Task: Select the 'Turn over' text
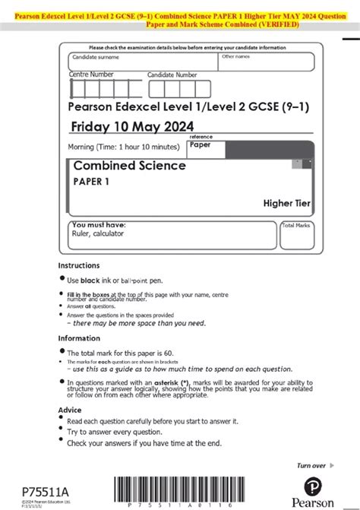pyautogui.click(x=311, y=465)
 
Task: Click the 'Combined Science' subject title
pyautogui.click(x=129, y=166)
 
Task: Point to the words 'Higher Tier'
pyautogui.click(x=287, y=203)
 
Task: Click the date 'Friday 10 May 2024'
pyautogui.click(x=131, y=126)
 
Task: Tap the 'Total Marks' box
pyautogui.click(x=297, y=236)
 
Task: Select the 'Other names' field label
pyautogui.click(x=236, y=56)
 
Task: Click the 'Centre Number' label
pyautogui.click(x=91, y=74)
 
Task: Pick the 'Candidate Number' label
pyautogui.click(x=172, y=75)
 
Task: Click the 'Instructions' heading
pyautogui.click(x=79, y=265)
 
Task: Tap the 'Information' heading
pyautogui.click(x=80, y=338)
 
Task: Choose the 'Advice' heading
pyautogui.click(x=70, y=409)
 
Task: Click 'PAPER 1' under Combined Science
pyautogui.click(x=91, y=181)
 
